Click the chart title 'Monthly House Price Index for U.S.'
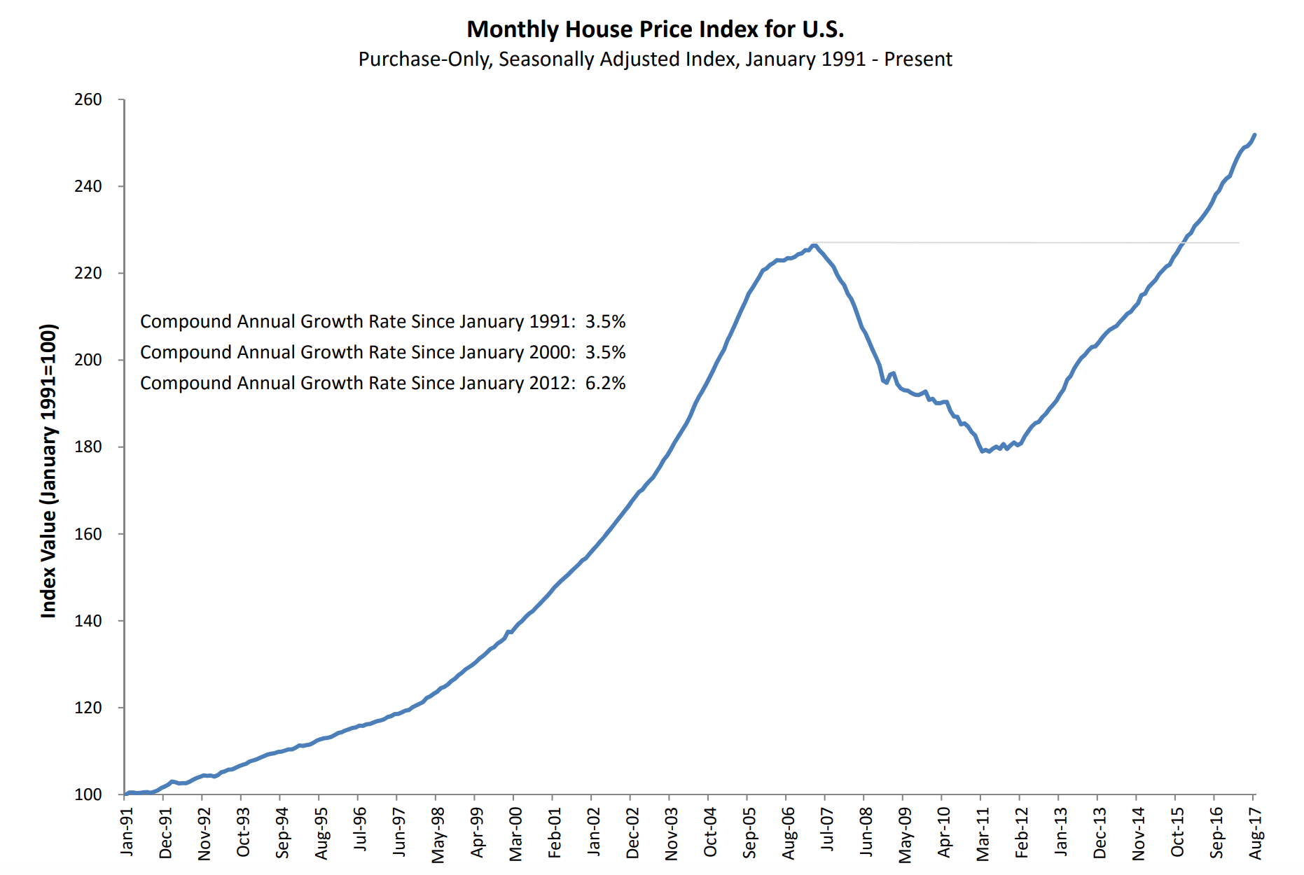[655, 29]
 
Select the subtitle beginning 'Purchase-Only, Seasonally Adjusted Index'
[655, 59]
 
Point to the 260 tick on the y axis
[88, 100]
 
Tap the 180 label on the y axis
[88, 447]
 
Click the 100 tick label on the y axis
[88, 794]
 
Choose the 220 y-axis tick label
[88, 273]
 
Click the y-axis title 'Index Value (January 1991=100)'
[48, 470]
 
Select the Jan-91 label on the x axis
[127, 832]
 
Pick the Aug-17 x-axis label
[1256, 833]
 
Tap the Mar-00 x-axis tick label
[516, 834]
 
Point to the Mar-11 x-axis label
[983, 834]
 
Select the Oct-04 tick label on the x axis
[711, 832]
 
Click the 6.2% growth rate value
[606, 384]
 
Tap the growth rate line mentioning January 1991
[382, 322]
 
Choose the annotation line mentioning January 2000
[382, 353]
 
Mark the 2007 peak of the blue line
[814, 245]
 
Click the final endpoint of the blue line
[1254, 134]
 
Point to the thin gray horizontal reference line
[1015, 243]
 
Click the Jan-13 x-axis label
[1061, 832]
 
